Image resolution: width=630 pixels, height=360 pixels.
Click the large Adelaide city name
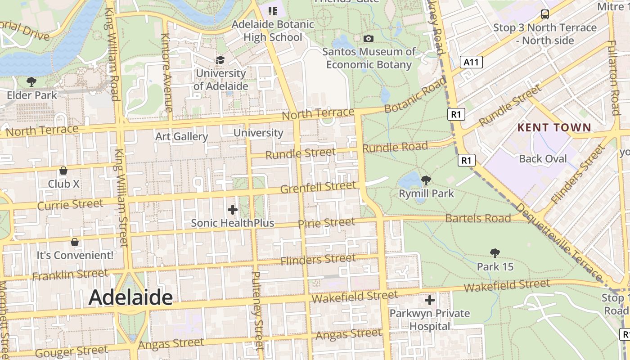click(130, 297)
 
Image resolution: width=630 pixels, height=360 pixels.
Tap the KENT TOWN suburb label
click(554, 127)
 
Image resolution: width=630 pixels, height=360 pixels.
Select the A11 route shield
click(471, 62)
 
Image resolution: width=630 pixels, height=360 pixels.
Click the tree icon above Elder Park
click(31, 81)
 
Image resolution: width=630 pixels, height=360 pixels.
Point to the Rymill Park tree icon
click(426, 180)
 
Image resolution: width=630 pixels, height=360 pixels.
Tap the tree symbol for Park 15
click(495, 253)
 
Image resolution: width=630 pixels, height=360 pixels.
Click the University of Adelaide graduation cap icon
click(220, 60)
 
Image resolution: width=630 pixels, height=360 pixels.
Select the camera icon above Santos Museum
click(369, 39)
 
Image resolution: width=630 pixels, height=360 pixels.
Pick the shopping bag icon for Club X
click(63, 171)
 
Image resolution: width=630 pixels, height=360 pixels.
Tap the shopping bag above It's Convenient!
click(75, 242)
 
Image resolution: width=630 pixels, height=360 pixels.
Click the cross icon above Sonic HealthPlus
click(232, 210)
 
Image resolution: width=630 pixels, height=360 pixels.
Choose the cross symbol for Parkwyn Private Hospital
click(430, 300)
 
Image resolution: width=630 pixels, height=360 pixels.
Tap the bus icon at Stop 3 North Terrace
click(544, 14)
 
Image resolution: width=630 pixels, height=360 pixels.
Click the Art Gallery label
click(181, 136)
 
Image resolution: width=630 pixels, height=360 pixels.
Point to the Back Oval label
click(543, 158)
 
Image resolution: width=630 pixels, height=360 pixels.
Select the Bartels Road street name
click(478, 218)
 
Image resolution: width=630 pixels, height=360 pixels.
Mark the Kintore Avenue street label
click(166, 73)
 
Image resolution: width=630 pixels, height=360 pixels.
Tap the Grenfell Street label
click(318, 187)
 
